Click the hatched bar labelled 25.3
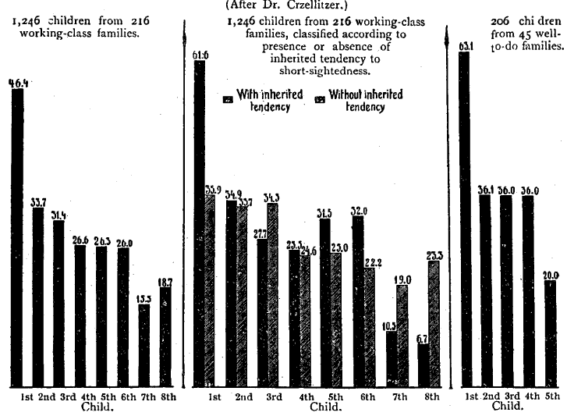[x=434, y=324]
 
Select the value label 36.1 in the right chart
[x=486, y=189]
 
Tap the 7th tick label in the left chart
[x=144, y=396]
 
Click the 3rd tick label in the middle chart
[x=274, y=396]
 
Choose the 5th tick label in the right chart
[x=551, y=396]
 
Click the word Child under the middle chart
[x=325, y=407]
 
